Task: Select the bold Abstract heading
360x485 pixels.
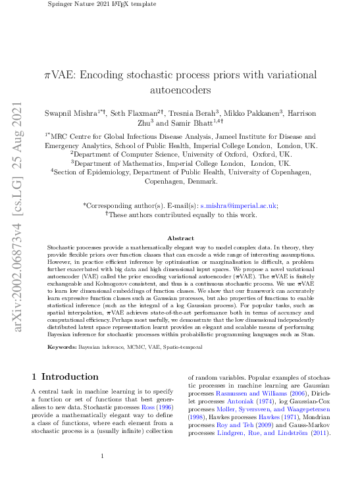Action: click(180, 238)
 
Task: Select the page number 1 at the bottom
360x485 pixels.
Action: click(102, 455)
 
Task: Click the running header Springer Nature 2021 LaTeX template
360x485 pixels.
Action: click(103, 4)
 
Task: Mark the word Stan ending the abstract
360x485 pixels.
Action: click(307, 334)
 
